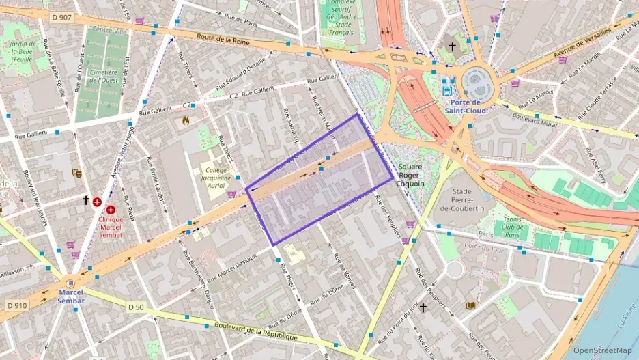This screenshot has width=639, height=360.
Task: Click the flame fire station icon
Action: point(186,121)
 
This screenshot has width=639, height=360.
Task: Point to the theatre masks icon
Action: point(77,174)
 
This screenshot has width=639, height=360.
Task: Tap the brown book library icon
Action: point(470,305)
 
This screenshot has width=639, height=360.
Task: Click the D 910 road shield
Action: point(16,305)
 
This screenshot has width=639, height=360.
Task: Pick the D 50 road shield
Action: point(136,307)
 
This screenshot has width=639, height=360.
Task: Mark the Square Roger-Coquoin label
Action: point(411,175)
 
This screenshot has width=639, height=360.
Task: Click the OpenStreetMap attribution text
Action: point(603,350)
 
